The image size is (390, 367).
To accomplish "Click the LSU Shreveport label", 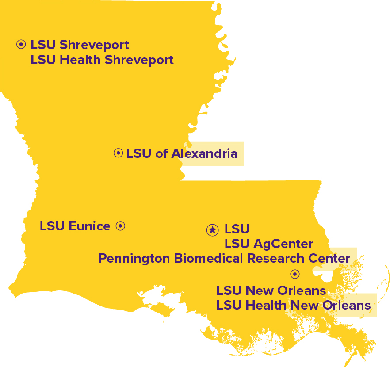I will tap(80, 45).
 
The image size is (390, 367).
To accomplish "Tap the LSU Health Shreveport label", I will tap(102, 60).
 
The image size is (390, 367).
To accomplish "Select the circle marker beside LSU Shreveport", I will tap(21, 44).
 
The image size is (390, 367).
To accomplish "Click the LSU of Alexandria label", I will tap(182, 153).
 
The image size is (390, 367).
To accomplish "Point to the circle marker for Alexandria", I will tap(118, 153).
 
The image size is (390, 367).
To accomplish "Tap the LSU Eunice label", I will tap(75, 226).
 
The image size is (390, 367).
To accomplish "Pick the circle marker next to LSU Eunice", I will tap(120, 226).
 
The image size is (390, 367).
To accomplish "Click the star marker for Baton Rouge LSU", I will tap(213, 229).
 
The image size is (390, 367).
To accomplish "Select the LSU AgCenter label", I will tap(269, 243).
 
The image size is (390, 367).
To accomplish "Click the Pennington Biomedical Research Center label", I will tap(224, 258).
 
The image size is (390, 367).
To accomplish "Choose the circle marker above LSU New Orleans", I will tap(295, 274).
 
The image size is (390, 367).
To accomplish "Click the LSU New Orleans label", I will tap(271, 291).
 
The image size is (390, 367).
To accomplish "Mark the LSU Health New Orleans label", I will tap(293, 305).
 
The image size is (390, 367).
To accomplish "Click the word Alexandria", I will tap(204, 153).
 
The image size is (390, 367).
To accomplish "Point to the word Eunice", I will tap(90, 226).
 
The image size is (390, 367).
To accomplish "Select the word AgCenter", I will tap(283, 243).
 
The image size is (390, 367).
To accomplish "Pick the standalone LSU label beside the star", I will tap(237, 229).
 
